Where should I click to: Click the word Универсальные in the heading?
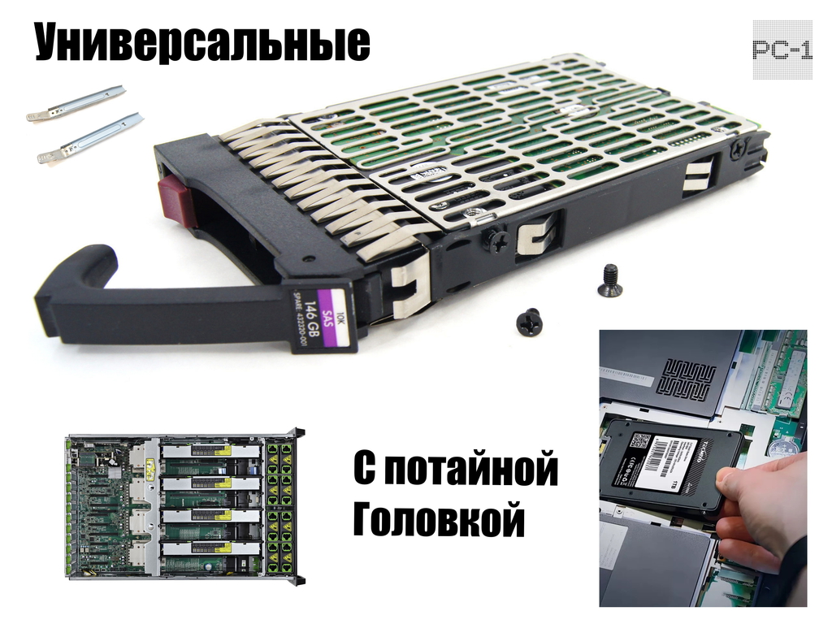pos(201,43)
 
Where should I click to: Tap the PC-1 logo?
pos(782,50)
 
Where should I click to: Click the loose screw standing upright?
pos(609,280)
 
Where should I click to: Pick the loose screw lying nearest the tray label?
pos(529,321)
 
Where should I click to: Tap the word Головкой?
pos(438,519)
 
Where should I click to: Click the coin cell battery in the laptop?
pos(782,448)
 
